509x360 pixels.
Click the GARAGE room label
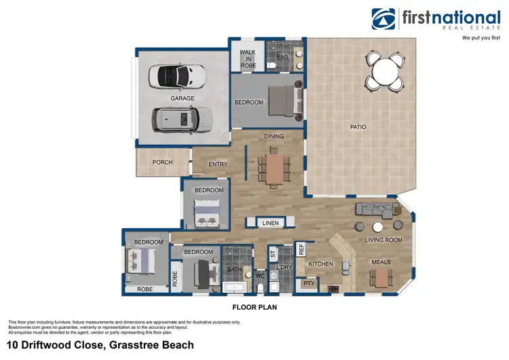pyautogui.click(x=183, y=98)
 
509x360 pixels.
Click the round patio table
pyautogui.click(x=385, y=70)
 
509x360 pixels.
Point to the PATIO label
pyautogui.click(x=358, y=126)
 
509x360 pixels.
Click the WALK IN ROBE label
pyautogui.click(x=248, y=60)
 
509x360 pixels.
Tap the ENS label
pyautogui.click(x=282, y=56)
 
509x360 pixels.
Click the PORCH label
pyautogui.click(x=162, y=162)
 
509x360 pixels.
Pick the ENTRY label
pyautogui.click(x=219, y=163)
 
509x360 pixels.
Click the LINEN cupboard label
pyautogui.click(x=270, y=223)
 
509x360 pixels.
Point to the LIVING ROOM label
pyautogui.click(x=384, y=240)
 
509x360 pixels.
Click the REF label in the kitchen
pyautogui.click(x=302, y=249)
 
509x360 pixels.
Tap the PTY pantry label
pyautogui.click(x=309, y=283)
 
